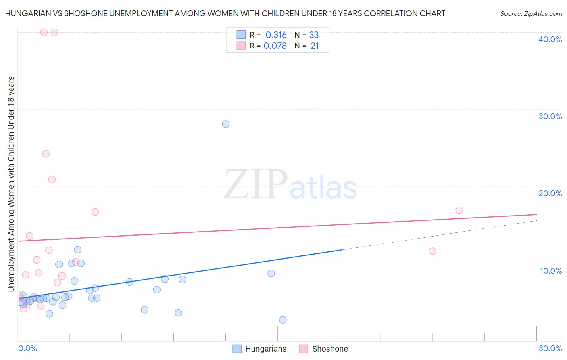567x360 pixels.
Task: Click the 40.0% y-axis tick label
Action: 550,39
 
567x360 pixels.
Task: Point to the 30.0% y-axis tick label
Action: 550,116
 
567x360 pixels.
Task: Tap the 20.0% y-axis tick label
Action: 550,193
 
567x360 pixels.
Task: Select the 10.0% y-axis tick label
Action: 550,271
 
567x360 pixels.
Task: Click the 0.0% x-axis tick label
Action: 27,348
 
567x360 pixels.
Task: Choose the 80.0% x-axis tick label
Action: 550,348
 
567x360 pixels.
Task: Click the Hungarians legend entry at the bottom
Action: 265,349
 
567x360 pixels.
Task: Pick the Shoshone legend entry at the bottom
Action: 329,349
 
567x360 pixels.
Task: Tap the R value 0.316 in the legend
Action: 276,35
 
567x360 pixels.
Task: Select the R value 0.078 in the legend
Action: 275,46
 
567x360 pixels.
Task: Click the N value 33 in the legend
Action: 314,35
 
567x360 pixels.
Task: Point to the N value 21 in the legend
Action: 315,46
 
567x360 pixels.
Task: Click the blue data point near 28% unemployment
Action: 226,124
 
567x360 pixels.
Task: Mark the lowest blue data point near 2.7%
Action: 283,320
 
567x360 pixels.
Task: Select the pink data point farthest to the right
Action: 459,210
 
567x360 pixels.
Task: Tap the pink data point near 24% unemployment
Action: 46,154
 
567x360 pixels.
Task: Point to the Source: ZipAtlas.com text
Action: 531,14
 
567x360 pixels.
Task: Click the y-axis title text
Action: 11,184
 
